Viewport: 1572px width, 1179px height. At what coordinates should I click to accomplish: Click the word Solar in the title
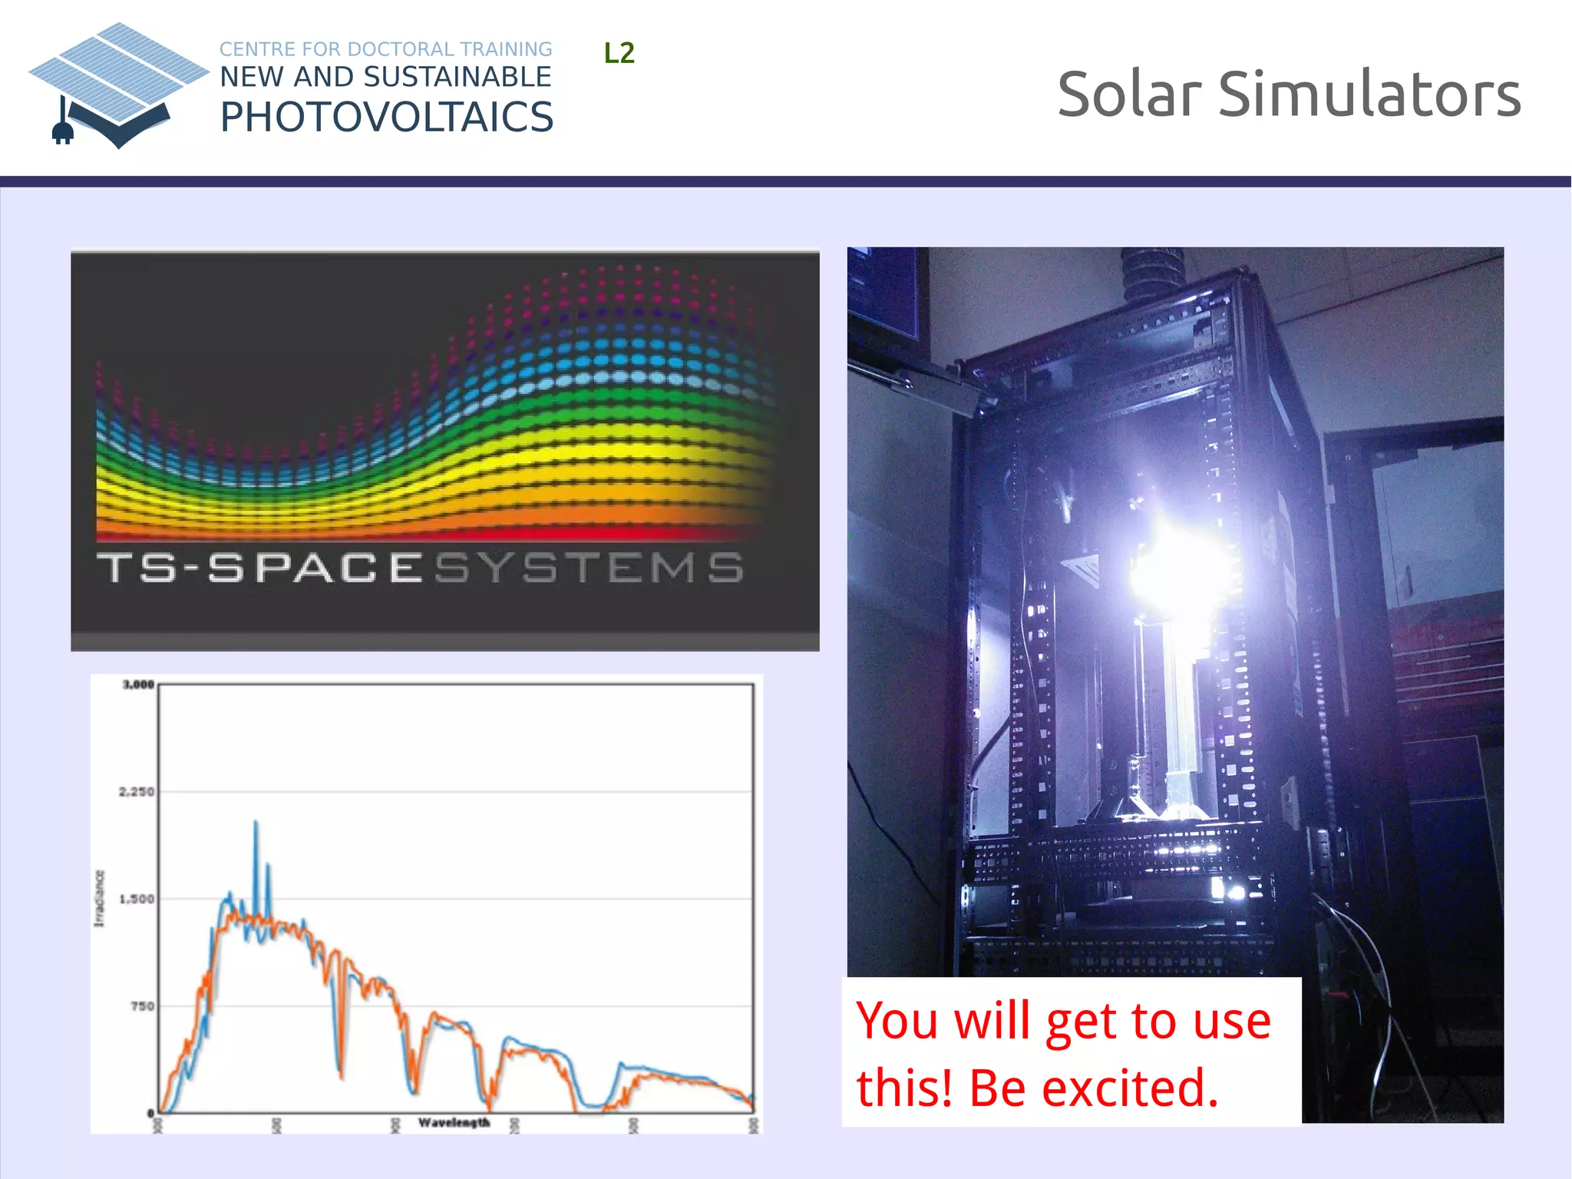pos(1129,94)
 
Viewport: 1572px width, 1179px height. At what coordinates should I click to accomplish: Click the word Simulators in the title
pos(1369,94)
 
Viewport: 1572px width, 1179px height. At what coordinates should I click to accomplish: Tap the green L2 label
pos(619,53)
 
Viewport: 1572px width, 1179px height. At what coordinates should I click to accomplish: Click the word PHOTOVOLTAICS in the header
pos(387,118)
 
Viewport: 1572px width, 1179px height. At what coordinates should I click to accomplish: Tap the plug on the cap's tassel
pos(62,132)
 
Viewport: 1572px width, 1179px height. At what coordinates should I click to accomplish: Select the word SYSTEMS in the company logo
pos(589,568)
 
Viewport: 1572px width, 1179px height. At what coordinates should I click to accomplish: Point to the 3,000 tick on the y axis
pos(138,684)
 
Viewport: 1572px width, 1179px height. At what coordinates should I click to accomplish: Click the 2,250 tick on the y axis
pos(137,792)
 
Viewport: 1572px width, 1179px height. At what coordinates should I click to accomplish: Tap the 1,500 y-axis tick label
pos(137,899)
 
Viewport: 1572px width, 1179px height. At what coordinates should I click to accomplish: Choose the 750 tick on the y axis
pos(143,1006)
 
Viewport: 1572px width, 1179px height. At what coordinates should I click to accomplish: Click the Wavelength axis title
pos(454,1123)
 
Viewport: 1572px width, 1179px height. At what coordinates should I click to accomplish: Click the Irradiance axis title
pos(99,898)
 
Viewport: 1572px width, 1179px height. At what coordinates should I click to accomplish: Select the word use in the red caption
pos(1231,1022)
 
